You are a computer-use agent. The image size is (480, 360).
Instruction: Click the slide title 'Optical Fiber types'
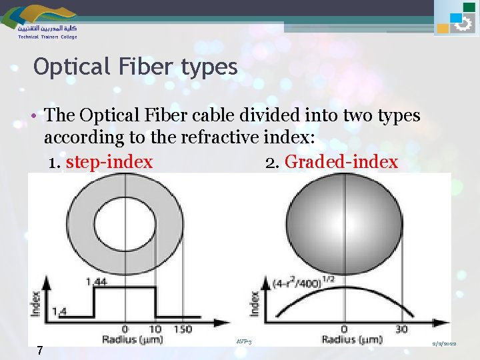(135, 67)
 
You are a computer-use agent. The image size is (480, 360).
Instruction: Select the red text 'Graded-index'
(341, 162)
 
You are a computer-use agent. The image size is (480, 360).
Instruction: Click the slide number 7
(40, 350)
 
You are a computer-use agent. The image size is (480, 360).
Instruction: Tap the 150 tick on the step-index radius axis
(183, 329)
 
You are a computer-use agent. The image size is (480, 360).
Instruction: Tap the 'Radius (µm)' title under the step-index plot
(133, 341)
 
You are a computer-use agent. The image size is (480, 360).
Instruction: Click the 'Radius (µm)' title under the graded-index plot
(351, 340)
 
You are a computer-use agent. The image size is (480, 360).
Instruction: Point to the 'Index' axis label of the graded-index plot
(254, 304)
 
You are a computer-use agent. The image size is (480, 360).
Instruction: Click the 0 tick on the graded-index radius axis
(344, 329)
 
